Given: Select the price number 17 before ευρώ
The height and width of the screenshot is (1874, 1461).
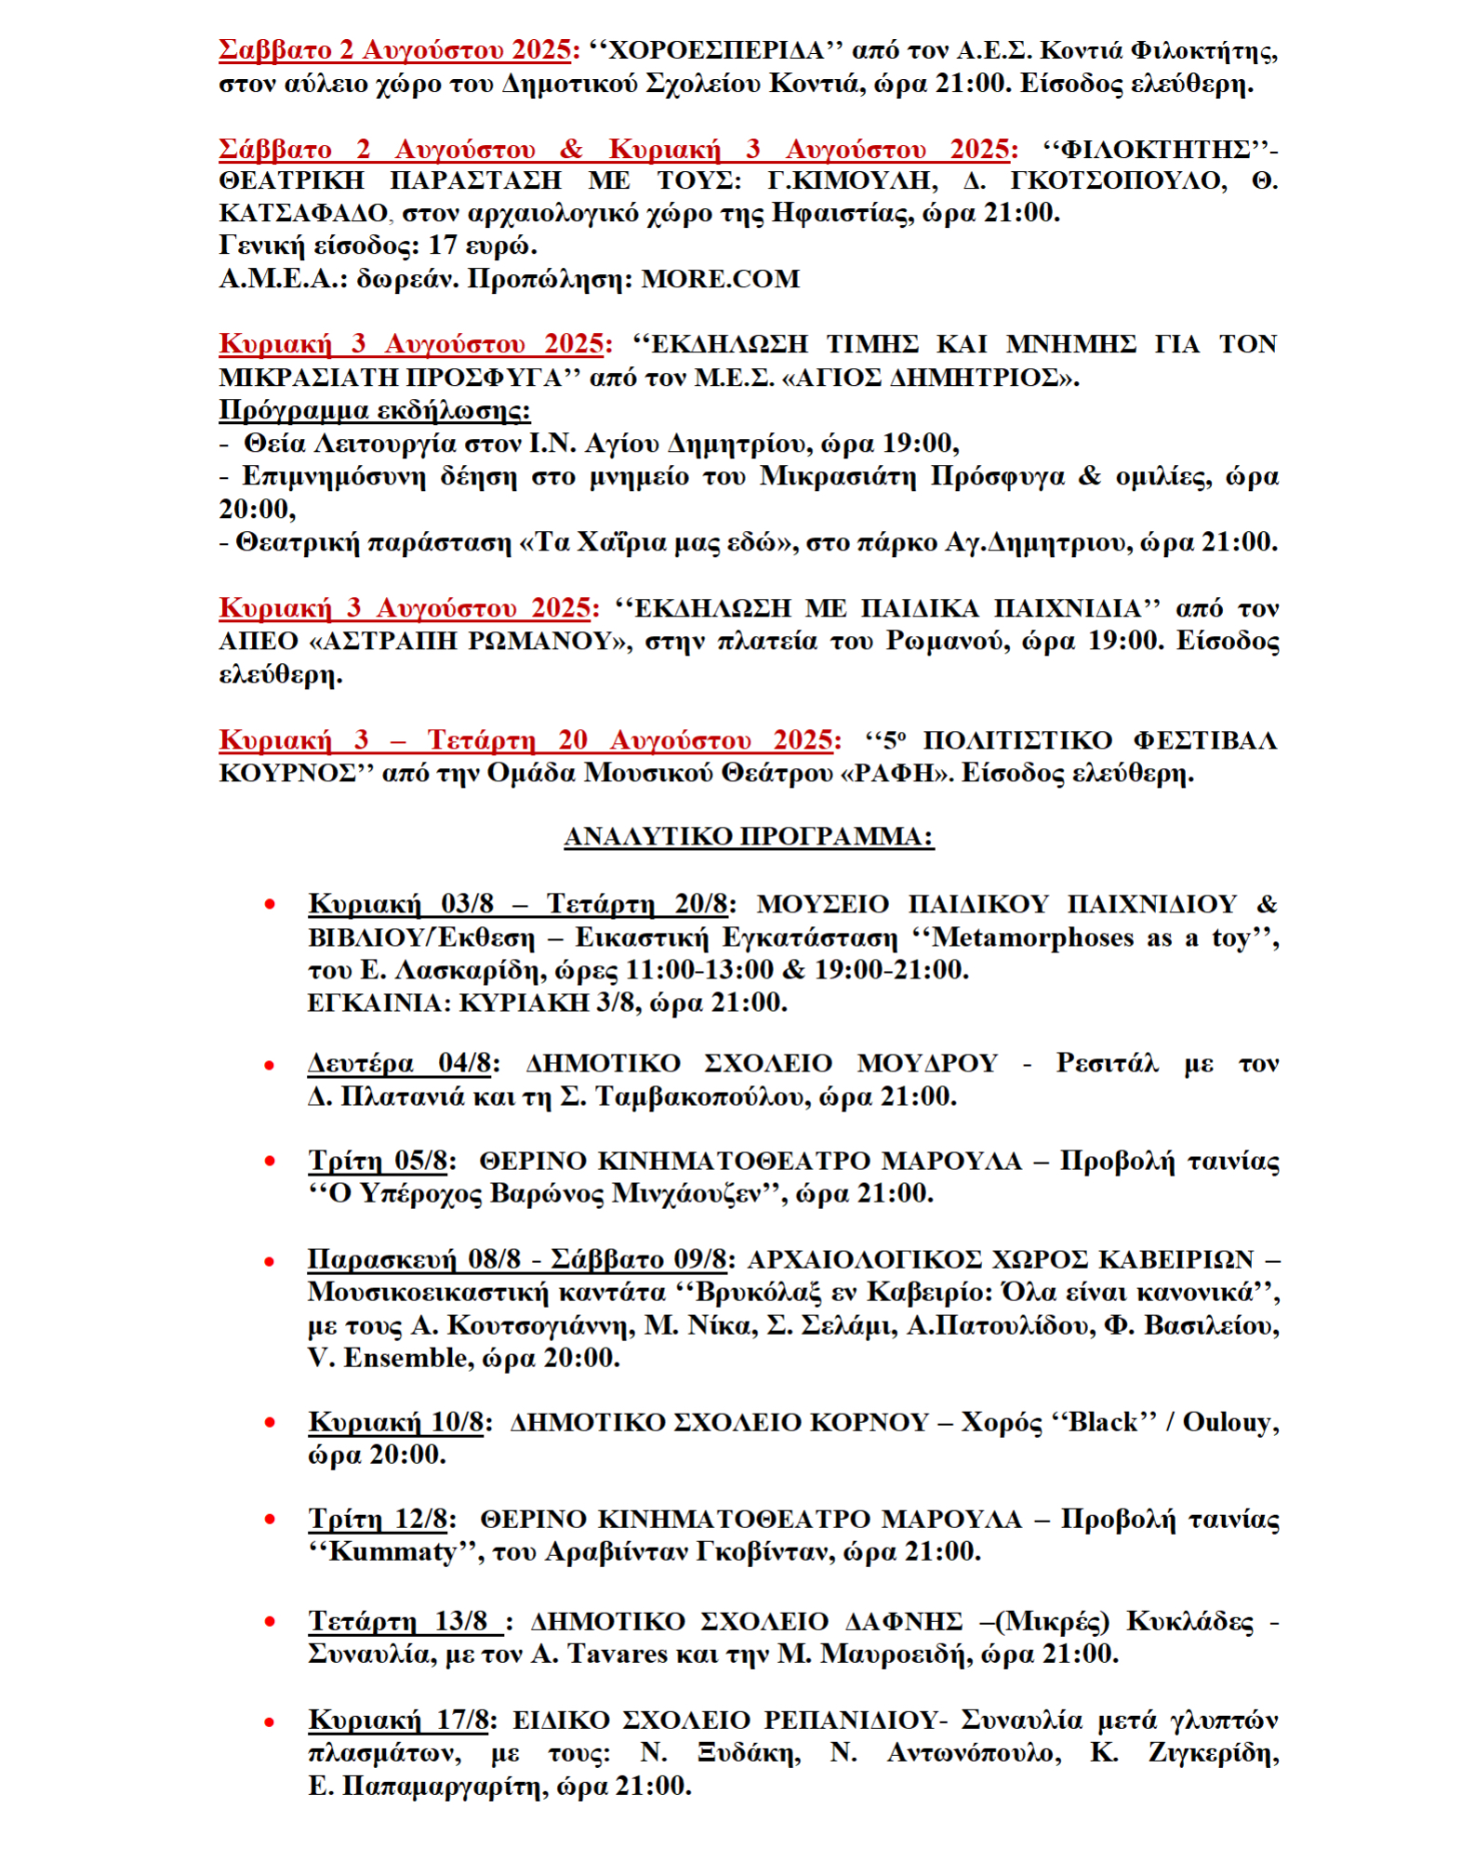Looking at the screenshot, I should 442,246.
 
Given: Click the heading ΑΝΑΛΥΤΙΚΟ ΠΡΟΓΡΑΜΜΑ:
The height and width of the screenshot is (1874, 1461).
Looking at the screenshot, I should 749,837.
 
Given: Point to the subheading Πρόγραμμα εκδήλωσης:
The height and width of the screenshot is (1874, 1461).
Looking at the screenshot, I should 375,410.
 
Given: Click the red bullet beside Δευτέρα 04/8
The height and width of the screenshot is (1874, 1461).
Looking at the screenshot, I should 270,1065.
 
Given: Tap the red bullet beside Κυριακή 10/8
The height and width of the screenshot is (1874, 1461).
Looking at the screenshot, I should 270,1422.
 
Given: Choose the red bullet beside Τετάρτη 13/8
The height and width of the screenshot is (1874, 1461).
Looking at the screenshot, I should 270,1621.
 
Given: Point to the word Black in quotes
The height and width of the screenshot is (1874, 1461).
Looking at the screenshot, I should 1103,1422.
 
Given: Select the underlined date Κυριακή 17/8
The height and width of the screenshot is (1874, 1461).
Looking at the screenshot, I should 398,1720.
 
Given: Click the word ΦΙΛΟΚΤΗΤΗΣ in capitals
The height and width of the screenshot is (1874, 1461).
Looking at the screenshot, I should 1155,150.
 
